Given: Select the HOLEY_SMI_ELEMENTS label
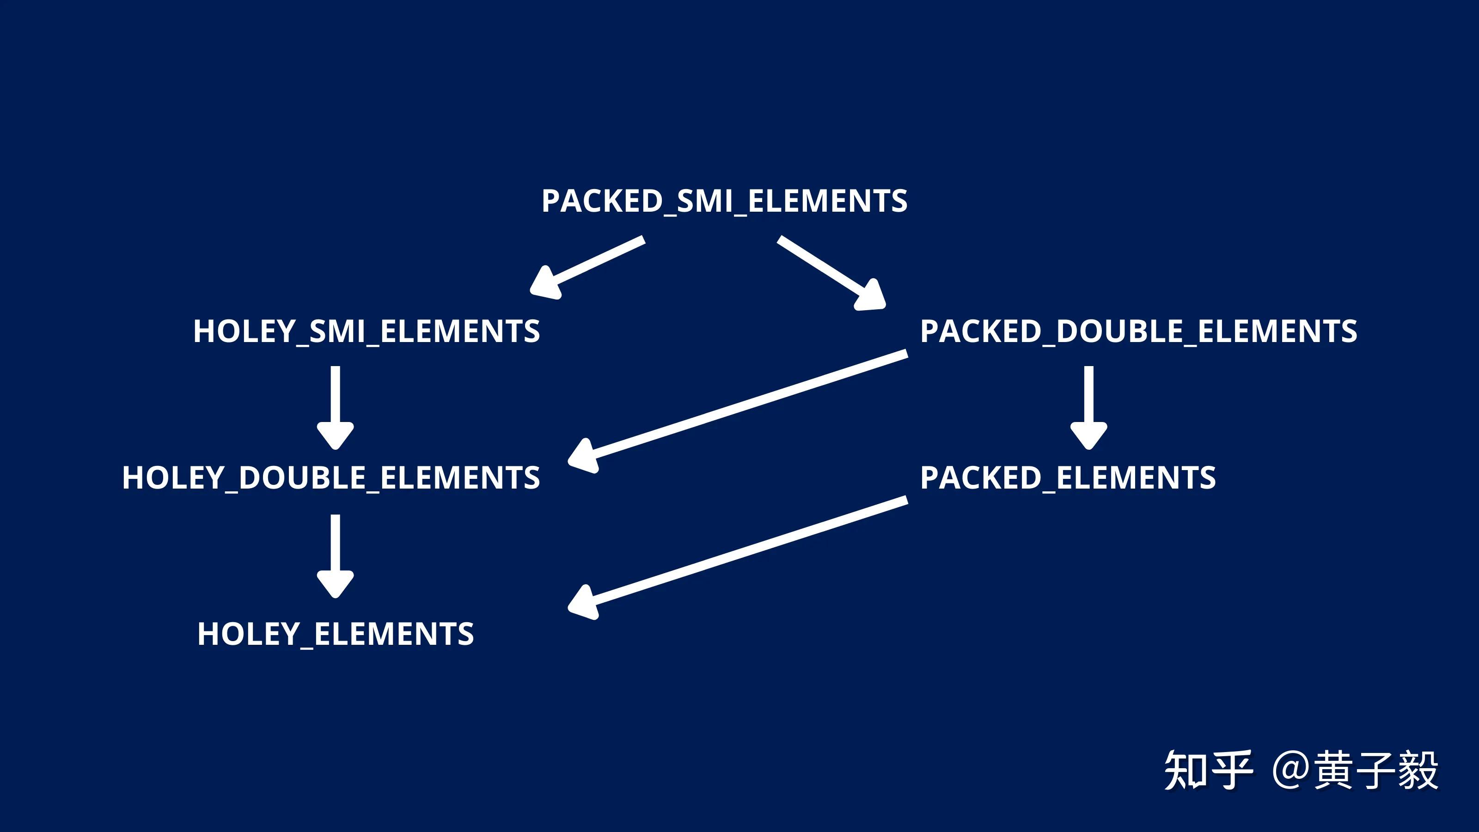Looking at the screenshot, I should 367,331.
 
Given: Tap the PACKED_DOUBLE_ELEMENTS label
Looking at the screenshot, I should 1138,331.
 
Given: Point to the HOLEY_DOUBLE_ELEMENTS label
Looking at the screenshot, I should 331,478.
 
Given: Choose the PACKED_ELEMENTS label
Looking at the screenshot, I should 1068,478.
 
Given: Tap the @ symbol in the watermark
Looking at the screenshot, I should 1292,771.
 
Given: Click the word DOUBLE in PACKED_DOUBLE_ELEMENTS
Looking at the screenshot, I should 1119,331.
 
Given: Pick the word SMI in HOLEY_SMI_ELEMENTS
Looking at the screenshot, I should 337,331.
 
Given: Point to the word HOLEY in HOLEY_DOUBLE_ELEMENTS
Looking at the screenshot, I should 173,478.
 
